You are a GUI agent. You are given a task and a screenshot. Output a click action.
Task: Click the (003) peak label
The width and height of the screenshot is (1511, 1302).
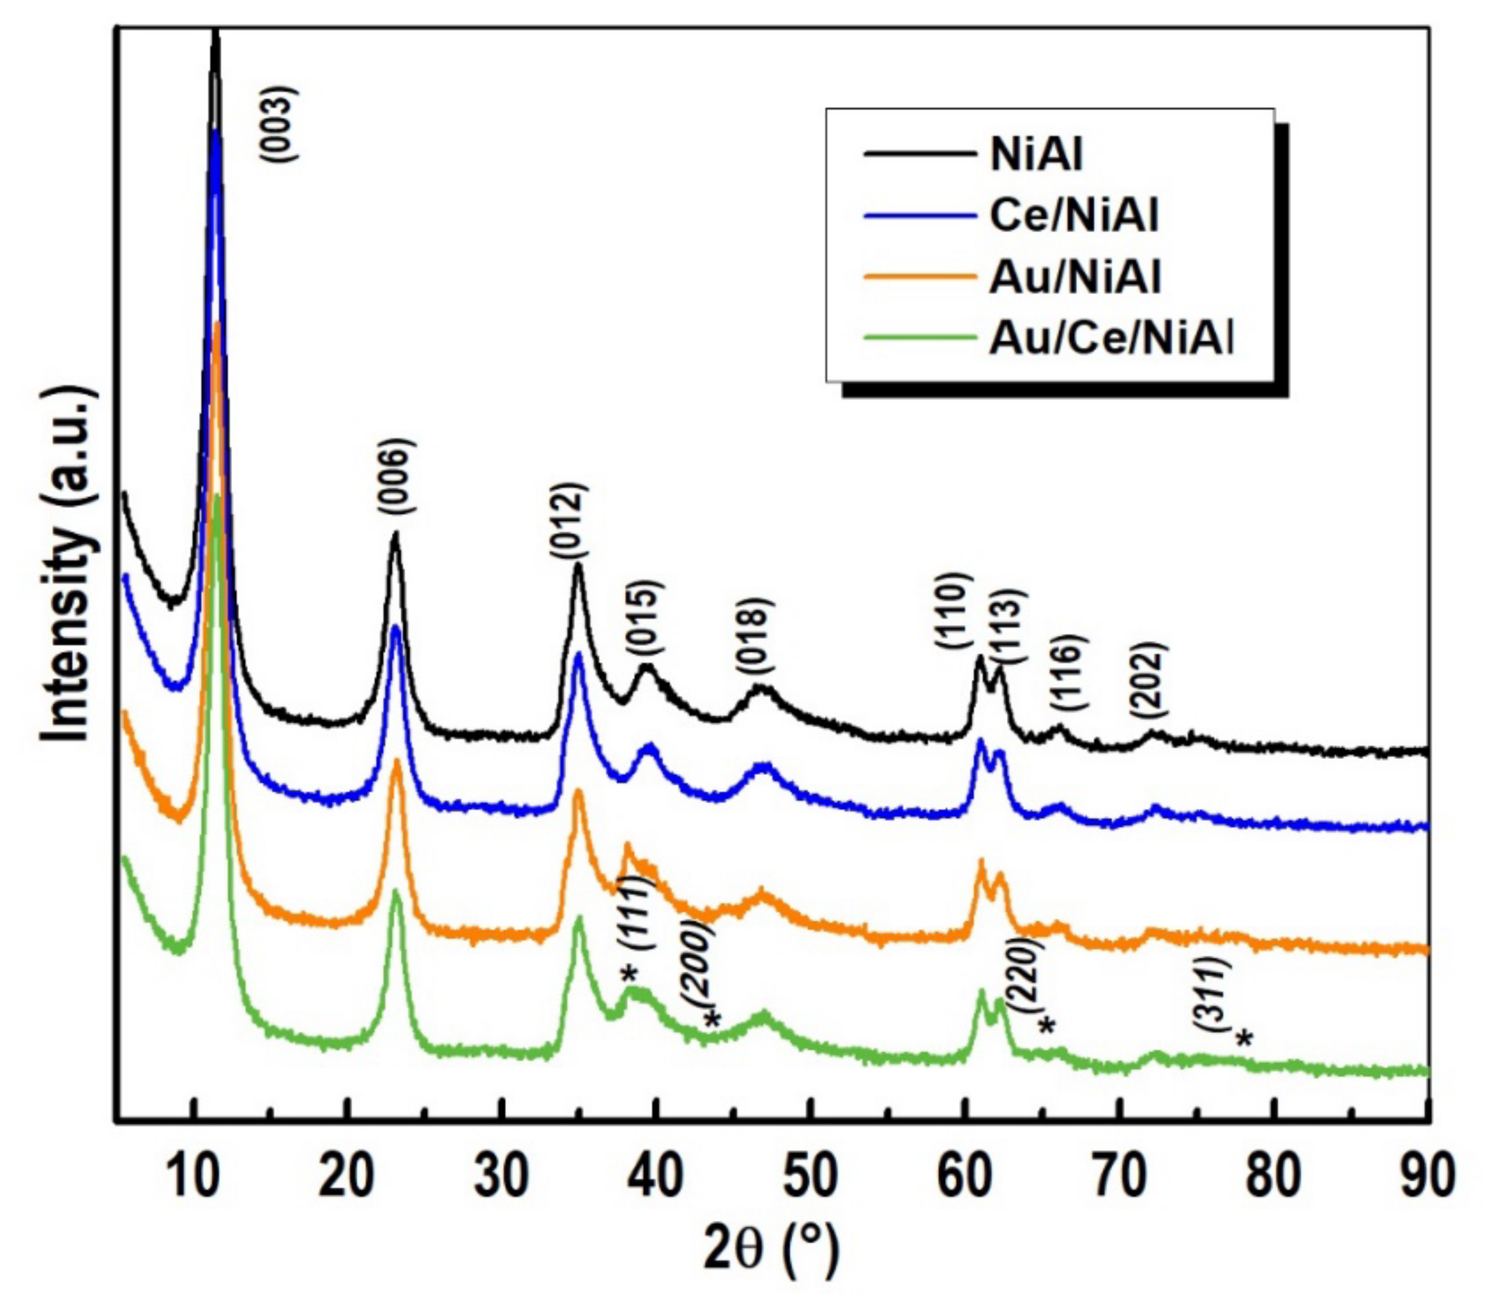point(278,124)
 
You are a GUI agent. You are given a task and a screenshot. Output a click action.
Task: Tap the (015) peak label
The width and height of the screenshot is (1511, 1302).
point(645,618)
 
